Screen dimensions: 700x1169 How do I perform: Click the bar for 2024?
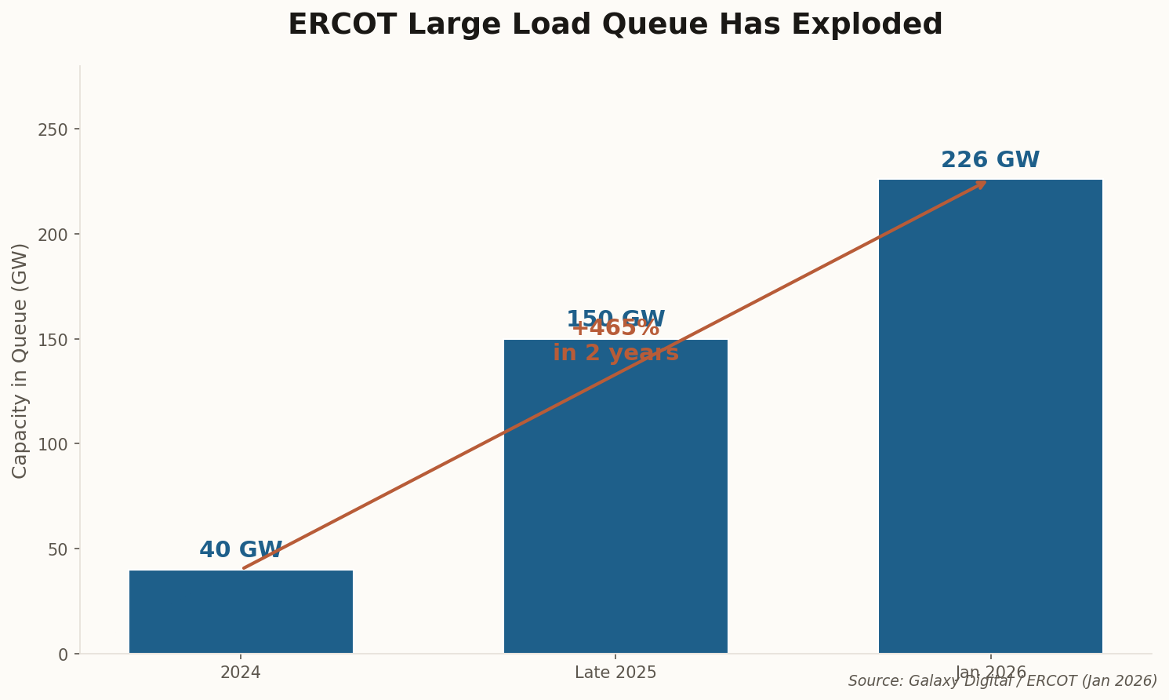[241, 611]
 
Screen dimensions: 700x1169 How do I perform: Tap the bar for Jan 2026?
[990, 416]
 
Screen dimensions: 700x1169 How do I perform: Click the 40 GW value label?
[241, 550]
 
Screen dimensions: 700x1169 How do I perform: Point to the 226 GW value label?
[990, 160]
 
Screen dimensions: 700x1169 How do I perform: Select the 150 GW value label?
[615, 318]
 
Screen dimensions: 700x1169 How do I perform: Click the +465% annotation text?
[615, 329]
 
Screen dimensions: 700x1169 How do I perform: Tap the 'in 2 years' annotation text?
[615, 354]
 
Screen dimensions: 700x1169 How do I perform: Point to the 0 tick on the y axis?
[63, 654]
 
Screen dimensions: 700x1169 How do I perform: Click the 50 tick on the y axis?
[58, 549]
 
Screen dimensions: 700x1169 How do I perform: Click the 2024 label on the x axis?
[241, 673]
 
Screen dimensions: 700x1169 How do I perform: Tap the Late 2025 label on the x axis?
[615, 673]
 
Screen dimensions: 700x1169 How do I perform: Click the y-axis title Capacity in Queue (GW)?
[20, 360]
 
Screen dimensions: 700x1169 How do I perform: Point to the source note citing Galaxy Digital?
[1002, 681]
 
